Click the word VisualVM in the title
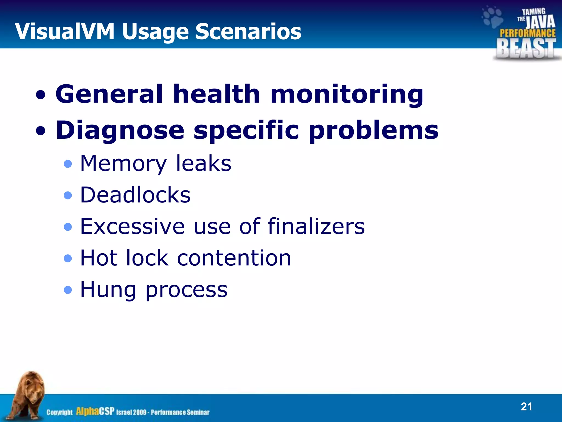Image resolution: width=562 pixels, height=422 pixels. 64,32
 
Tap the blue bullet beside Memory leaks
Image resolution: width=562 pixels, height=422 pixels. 68,164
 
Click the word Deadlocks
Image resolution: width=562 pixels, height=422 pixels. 135,195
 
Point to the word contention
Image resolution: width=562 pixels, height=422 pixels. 234,258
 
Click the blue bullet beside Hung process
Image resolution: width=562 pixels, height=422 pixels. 68,290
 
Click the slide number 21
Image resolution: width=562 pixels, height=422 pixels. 526,407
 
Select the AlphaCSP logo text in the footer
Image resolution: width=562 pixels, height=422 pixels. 95,411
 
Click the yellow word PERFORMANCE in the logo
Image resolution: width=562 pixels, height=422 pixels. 527,33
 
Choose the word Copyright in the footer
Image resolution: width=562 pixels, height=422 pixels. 59,412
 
